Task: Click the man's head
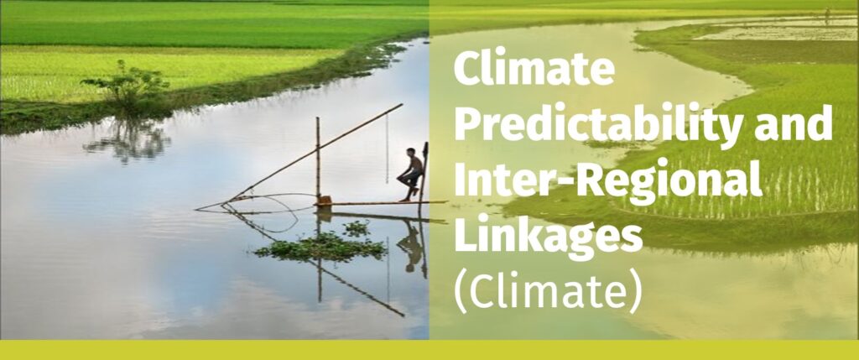[x=410, y=152]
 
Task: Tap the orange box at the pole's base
[x=325, y=201]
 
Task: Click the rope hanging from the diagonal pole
[x=387, y=148]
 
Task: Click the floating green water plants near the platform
[x=322, y=244]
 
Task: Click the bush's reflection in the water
[x=128, y=140]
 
